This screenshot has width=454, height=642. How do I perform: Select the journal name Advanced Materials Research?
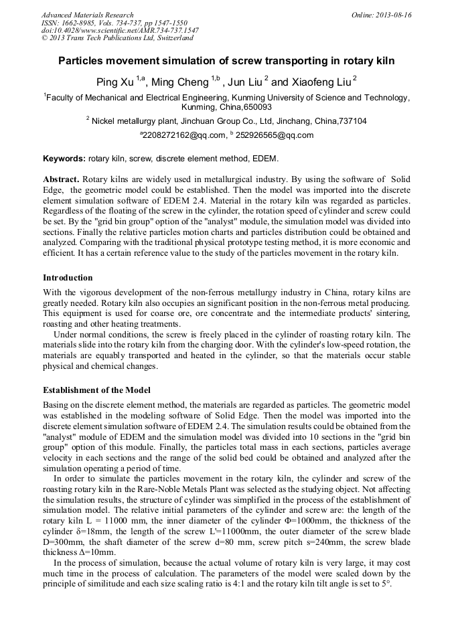point(87,15)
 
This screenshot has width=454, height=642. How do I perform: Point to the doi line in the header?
point(120,31)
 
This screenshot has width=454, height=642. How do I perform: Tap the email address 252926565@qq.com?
point(275,135)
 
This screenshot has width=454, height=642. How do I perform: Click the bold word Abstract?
point(61,181)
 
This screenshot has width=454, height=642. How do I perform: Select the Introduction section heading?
point(68,277)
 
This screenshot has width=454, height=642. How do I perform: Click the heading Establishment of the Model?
point(96,390)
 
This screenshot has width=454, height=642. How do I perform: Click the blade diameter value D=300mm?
point(62,543)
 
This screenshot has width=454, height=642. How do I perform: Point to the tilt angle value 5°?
point(386,584)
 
